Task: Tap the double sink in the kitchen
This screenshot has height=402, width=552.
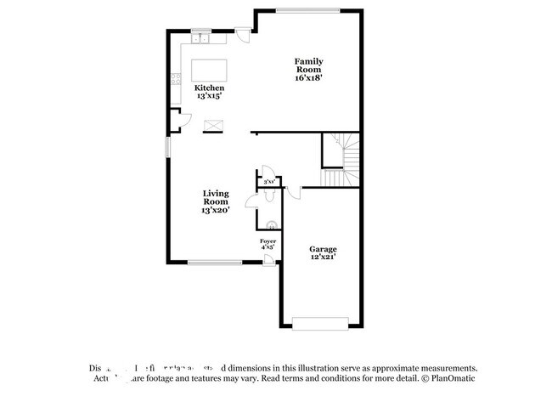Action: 201,39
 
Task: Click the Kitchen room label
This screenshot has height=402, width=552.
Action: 209,88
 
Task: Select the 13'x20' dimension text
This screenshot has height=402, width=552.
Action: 216,210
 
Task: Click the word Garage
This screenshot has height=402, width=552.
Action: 323,248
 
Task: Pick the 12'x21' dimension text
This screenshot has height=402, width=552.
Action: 323,257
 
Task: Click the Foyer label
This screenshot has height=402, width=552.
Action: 268,241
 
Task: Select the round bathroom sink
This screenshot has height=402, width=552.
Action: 271,225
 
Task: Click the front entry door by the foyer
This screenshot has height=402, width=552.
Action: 268,258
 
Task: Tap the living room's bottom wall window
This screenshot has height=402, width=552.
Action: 215,262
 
